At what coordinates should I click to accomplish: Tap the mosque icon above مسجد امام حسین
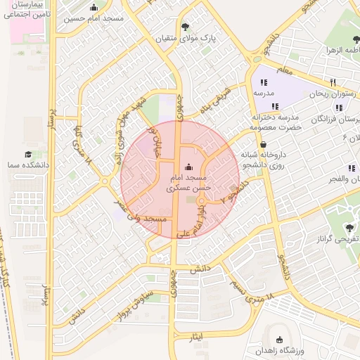tap(94, 8)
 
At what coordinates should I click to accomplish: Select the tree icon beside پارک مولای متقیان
tap(185, 27)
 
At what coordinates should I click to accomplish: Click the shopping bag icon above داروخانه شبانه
tap(262, 144)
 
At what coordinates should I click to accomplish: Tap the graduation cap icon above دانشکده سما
tap(28, 154)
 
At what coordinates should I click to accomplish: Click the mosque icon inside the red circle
tap(188, 167)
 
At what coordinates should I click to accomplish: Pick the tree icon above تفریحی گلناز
tap(349, 228)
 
